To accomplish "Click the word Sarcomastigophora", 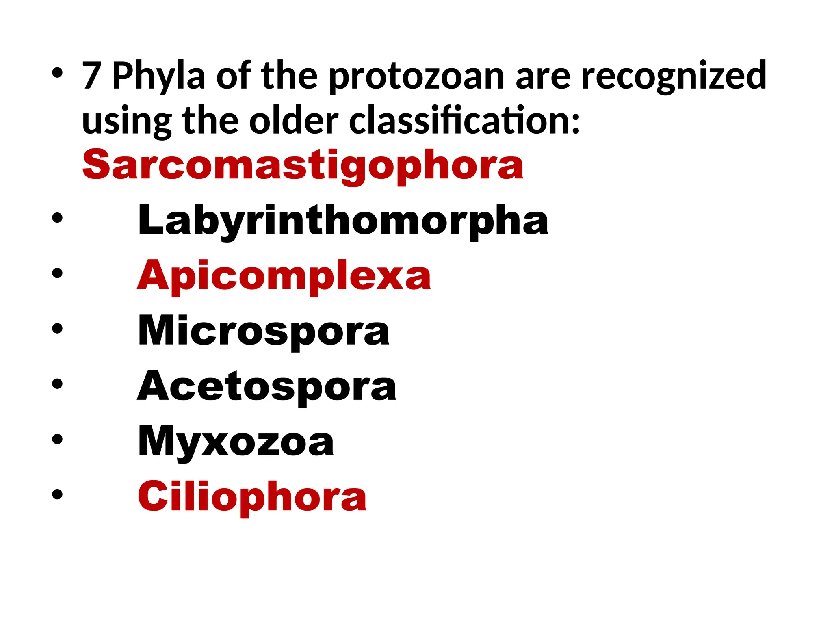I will [303, 165].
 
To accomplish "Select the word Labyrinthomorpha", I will [343, 220].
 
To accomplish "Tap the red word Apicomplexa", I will [284, 276].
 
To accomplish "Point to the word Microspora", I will [264, 331].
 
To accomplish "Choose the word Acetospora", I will [267, 386].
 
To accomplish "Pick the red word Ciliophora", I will [252, 497].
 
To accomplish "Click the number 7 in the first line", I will [91, 76].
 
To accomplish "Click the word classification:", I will [465, 121].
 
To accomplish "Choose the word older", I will [293, 121].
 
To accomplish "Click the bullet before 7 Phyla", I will [57, 74].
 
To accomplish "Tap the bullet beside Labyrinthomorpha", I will [57, 218].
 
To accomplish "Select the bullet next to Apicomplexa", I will [57, 273].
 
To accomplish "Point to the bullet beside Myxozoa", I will [57, 439].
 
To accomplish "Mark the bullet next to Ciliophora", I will [57, 494].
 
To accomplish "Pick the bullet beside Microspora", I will [57, 328].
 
